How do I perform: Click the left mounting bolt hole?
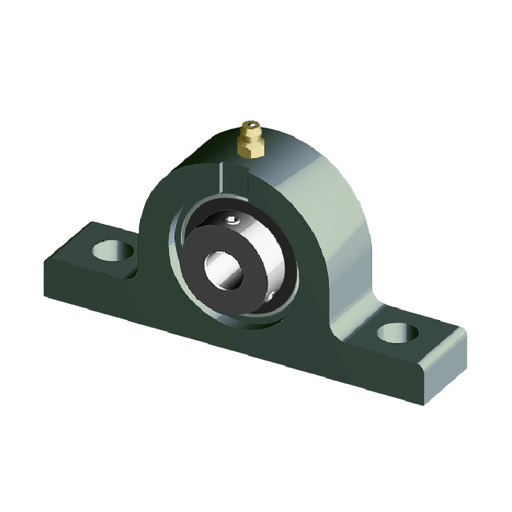tap(116, 250)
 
